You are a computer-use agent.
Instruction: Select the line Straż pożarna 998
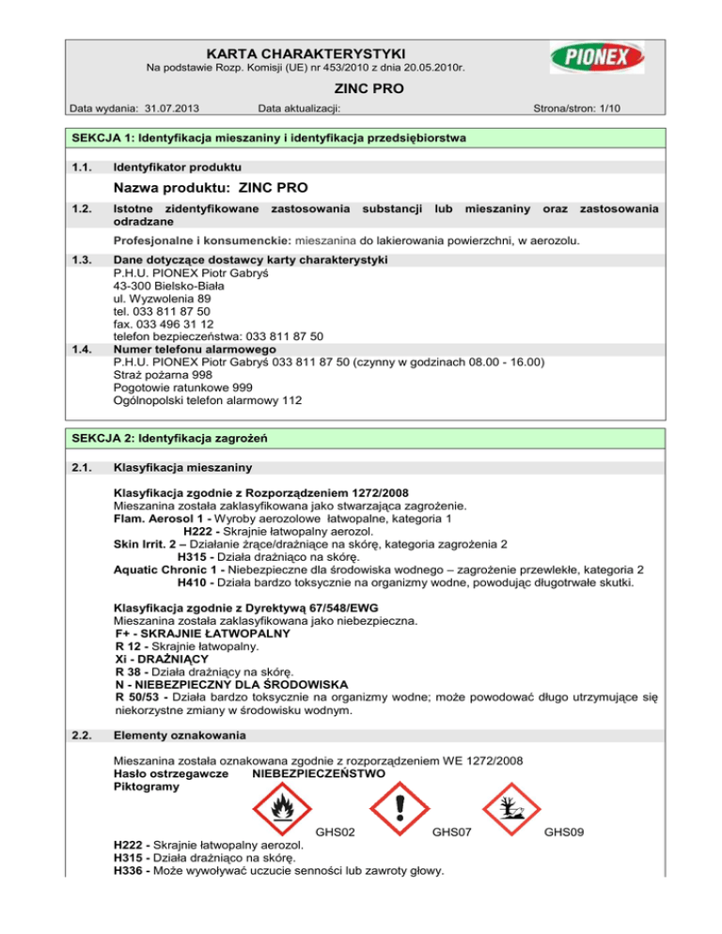[158, 375]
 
